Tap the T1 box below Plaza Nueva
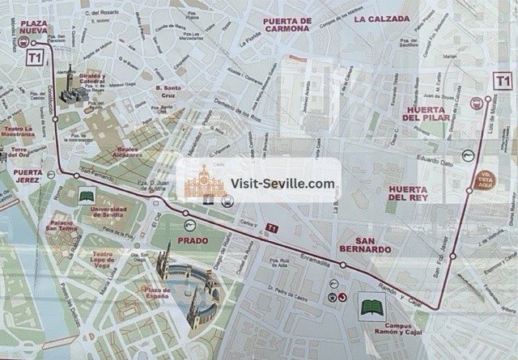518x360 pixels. click(x=34, y=57)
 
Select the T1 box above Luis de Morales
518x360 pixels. click(x=503, y=80)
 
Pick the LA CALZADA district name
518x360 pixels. click(x=382, y=18)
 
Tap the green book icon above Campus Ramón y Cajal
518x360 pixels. click(x=372, y=308)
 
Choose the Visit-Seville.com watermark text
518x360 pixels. click(x=282, y=184)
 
